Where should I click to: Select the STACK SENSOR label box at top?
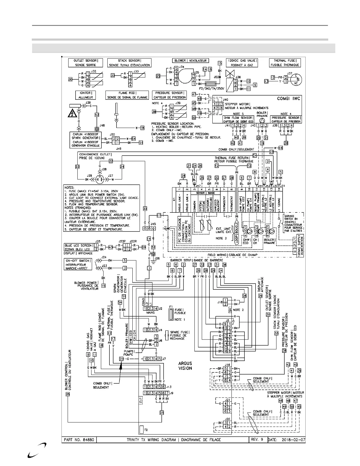pos(129,63)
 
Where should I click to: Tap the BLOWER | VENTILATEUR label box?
pos(190,61)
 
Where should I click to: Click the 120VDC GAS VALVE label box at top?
pos(242,63)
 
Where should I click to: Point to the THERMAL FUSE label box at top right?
pos(285,63)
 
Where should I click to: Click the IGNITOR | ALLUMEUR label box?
pos(86,95)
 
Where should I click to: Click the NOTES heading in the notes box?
pos(70,187)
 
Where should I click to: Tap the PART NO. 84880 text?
pos(79,440)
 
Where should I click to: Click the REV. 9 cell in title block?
pos(256,440)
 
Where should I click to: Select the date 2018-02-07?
pos(293,440)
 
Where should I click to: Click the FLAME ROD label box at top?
pos(127,95)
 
